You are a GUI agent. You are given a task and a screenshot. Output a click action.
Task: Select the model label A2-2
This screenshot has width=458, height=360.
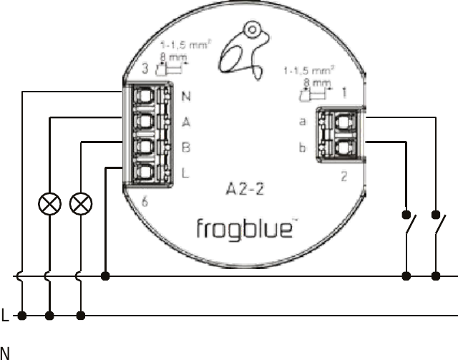(x=245, y=189)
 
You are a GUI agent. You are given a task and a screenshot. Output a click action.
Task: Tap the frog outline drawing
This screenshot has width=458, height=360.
(x=245, y=51)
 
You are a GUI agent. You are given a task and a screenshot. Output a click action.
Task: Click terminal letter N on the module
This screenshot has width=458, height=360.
(x=186, y=96)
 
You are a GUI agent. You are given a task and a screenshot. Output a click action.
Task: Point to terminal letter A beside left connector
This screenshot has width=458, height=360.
(x=186, y=122)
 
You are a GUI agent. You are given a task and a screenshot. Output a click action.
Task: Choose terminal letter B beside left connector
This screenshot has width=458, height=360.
(x=186, y=147)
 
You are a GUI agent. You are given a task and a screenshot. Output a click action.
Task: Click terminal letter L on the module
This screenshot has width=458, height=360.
(x=185, y=173)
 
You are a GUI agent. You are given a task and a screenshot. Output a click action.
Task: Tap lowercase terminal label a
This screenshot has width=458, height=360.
(x=303, y=122)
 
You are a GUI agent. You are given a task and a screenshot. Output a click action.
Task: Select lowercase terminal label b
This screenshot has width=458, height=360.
(x=302, y=147)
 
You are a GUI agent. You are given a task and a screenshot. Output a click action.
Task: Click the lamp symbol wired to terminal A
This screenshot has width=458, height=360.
(x=49, y=204)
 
